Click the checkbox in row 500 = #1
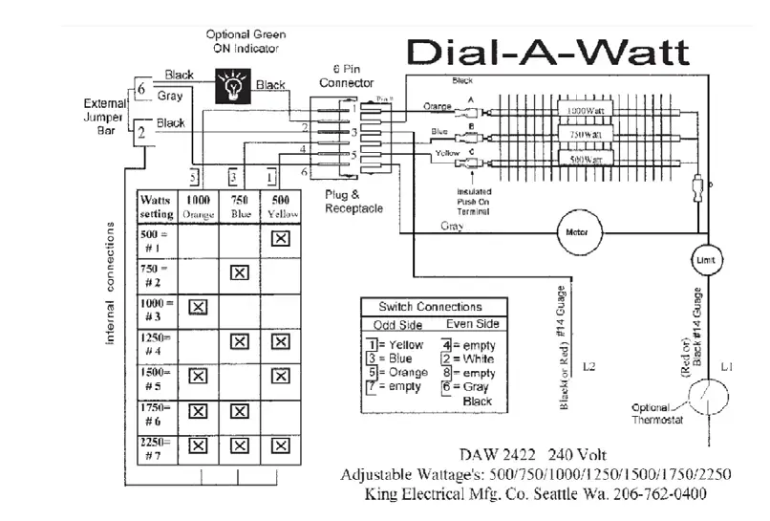click(280, 239)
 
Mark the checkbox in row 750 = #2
click(239, 272)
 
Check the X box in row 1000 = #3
click(198, 306)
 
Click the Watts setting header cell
click(156, 207)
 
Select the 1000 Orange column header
click(198, 207)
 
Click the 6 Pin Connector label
click(347, 76)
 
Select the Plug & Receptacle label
click(353, 202)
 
